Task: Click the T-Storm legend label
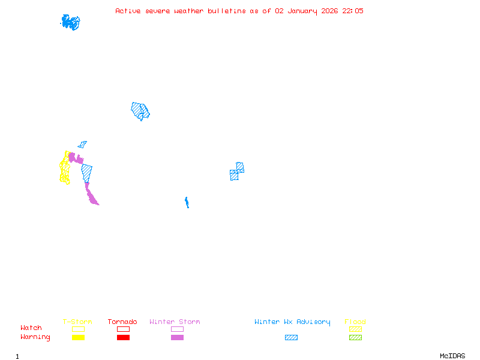[x=77, y=322]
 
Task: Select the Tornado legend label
[x=122, y=322]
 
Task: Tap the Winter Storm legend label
[x=175, y=322]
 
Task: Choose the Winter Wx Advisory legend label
[x=292, y=322]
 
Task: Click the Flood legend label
[x=355, y=322]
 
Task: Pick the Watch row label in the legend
[x=31, y=328]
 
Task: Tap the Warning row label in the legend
[x=35, y=337]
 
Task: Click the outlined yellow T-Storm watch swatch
[x=78, y=329]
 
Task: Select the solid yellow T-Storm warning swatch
[x=78, y=338]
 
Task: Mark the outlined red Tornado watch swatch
[x=123, y=329]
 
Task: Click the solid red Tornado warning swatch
[x=123, y=338]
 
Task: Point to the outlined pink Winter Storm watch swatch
[x=177, y=329]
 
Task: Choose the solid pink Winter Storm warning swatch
[x=177, y=338]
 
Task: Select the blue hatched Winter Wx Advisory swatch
[x=291, y=338]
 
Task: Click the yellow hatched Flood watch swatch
[x=355, y=329]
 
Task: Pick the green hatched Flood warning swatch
[x=355, y=338]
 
